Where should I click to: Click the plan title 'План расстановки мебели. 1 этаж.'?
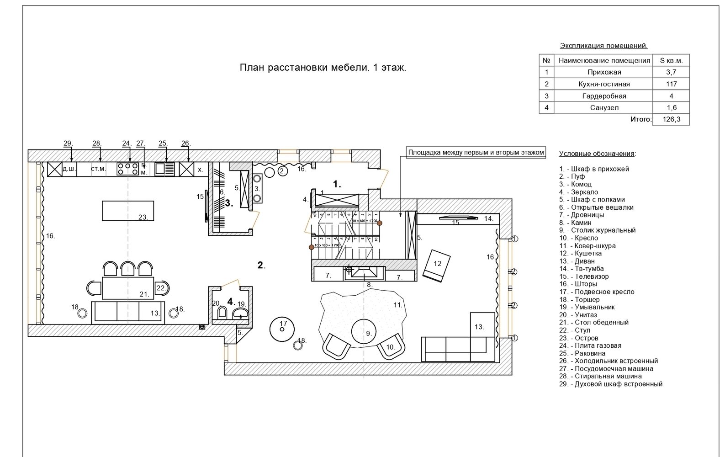323,68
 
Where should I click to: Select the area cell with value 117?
671,84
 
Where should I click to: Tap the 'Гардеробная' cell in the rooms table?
604,96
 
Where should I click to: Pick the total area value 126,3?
671,119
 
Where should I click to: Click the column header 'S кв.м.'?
671,60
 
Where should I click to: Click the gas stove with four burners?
128,169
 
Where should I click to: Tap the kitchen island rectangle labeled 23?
127,211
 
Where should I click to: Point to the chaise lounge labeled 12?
436,265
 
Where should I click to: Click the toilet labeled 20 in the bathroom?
222,314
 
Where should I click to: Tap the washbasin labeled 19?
240,314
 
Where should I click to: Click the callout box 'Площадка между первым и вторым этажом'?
476,153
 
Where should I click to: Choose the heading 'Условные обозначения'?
597,154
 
